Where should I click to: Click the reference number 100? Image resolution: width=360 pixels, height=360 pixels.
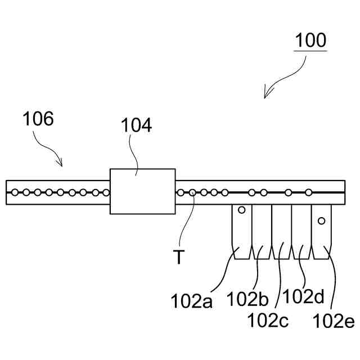(310, 40)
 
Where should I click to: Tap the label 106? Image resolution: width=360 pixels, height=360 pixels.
(38, 120)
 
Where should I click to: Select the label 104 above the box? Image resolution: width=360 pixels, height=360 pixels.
(137, 125)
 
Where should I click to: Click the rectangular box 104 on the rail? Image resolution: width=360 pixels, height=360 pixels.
(142, 191)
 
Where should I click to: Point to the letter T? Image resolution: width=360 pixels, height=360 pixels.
(178, 258)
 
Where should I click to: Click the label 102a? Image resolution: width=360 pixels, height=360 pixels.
(191, 301)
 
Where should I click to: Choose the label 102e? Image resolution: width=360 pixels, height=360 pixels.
(334, 321)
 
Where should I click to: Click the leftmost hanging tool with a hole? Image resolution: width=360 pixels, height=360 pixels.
(242, 231)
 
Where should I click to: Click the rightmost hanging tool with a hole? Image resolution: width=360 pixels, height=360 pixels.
(323, 231)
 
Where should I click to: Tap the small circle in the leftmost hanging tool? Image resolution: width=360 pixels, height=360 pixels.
(242, 210)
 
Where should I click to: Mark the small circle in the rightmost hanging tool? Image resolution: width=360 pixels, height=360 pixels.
(322, 220)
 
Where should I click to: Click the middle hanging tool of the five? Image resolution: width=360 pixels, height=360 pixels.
(281, 231)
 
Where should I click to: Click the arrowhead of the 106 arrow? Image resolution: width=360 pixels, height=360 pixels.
(61, 164)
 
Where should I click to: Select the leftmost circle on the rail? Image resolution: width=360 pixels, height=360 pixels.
(15, 192)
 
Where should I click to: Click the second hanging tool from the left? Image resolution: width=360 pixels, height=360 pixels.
(262, 231)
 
